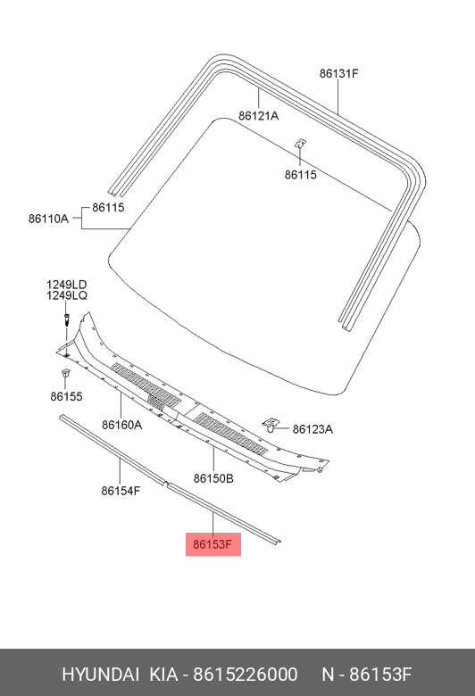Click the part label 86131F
click(338, 73)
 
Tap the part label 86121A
click(259, 116)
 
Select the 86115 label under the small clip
click(301, 175)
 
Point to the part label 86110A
click(49, 219)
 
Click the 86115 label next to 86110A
click(108, 207)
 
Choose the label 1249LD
click(67, 285)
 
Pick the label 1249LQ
click(67, 295)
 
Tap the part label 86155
click(66, 396)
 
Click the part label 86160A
click(121, 425)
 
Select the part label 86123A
click(312, 429)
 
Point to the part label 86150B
click(213, 478)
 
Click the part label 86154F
click(121, 491)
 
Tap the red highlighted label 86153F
click(213, 544)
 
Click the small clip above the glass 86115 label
click(301, 144)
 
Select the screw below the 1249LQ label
click(66, 319)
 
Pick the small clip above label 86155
click(66, 373)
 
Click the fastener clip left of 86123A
click(271, 425)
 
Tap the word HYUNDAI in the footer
click(100, 675)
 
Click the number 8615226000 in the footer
click(246, 675)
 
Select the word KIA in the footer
click(163, 675)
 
